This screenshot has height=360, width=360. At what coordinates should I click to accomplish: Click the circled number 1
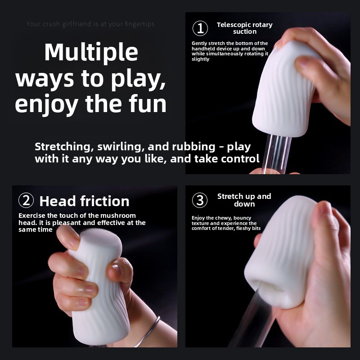[200, 28]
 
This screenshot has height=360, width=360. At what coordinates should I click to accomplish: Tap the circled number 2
[26, 200]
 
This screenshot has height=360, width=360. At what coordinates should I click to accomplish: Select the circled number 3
[200, 200]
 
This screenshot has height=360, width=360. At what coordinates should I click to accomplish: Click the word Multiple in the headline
[91, 53]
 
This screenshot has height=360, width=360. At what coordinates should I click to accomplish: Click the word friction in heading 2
[105, 201]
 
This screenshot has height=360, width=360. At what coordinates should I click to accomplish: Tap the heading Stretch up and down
[244, 200]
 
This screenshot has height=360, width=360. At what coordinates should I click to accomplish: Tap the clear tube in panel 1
[276, 154]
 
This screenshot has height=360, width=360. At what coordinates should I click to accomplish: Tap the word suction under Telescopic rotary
[245, 31]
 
